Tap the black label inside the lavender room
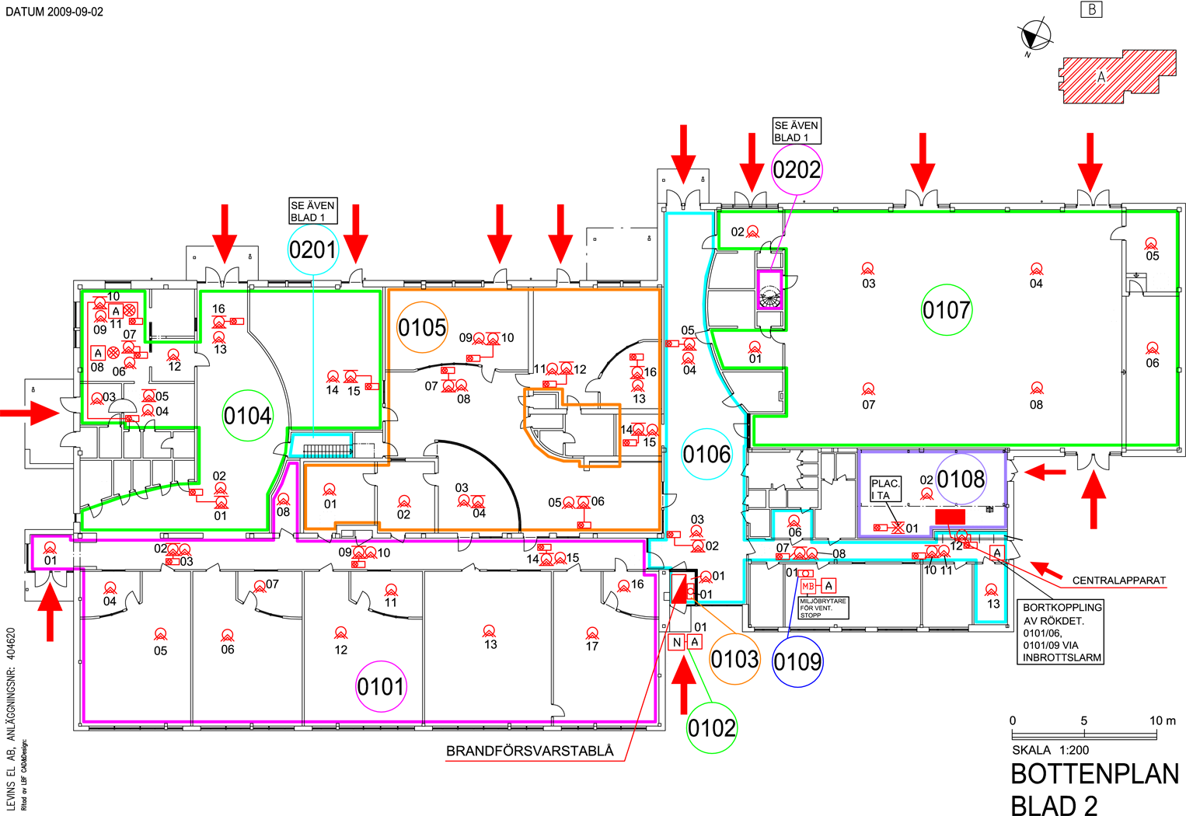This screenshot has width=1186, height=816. pos(961,479)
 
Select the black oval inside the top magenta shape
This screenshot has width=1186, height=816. pos(797,169)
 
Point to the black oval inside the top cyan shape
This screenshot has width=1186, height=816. pos(312,249)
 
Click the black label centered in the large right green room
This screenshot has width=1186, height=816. pos(945,309)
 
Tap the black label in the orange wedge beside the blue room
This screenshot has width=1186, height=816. pos(734,659)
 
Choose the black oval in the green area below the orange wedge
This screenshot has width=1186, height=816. pos(711,727)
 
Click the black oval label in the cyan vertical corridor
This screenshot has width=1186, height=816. pos(706,454)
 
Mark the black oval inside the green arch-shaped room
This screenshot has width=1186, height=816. pos(247,416)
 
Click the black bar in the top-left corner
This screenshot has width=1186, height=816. pos(54,12)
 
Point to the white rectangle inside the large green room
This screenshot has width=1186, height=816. pos(895,427)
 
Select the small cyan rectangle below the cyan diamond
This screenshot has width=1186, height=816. pos(321,446)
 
